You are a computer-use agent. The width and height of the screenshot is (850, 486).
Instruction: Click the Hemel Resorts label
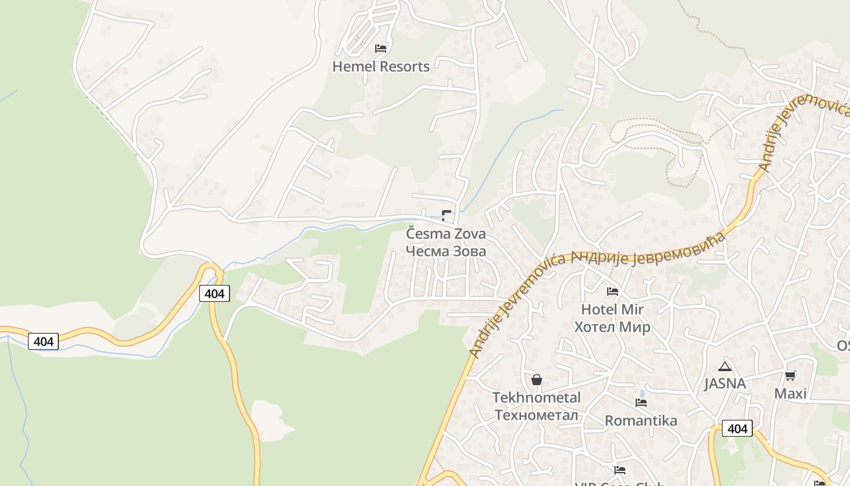click(381, 67)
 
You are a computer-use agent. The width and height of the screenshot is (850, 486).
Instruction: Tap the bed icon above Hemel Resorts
click(381, 49)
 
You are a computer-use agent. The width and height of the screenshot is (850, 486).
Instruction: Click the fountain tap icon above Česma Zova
click(446, 214)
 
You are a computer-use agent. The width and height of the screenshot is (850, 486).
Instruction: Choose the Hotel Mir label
click(612, 310)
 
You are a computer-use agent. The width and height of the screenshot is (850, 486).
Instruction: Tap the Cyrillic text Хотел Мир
click(612, 327)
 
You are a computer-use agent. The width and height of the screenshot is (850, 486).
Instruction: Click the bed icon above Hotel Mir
click(612, 292)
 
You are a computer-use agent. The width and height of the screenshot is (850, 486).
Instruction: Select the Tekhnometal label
click(536, 398)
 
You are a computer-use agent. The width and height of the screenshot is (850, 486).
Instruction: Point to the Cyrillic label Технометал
click(536, 415)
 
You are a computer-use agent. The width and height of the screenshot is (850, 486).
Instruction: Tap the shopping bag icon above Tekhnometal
click(536, 380)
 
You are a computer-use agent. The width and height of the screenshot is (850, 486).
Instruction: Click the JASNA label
click(724, 384)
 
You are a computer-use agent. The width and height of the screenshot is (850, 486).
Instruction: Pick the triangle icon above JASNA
click(724, 366)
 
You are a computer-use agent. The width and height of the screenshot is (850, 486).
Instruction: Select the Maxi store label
click(790, 394)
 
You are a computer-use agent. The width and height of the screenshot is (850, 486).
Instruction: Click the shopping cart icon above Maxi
click(790, 376)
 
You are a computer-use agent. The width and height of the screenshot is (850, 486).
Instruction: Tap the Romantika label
click(641, 420)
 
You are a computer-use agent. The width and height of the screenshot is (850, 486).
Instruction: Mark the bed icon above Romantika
click(641, 402)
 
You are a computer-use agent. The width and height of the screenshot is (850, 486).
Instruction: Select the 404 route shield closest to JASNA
click(737, 429)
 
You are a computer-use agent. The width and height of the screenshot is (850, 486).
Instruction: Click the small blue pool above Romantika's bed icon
click(642, 393)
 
